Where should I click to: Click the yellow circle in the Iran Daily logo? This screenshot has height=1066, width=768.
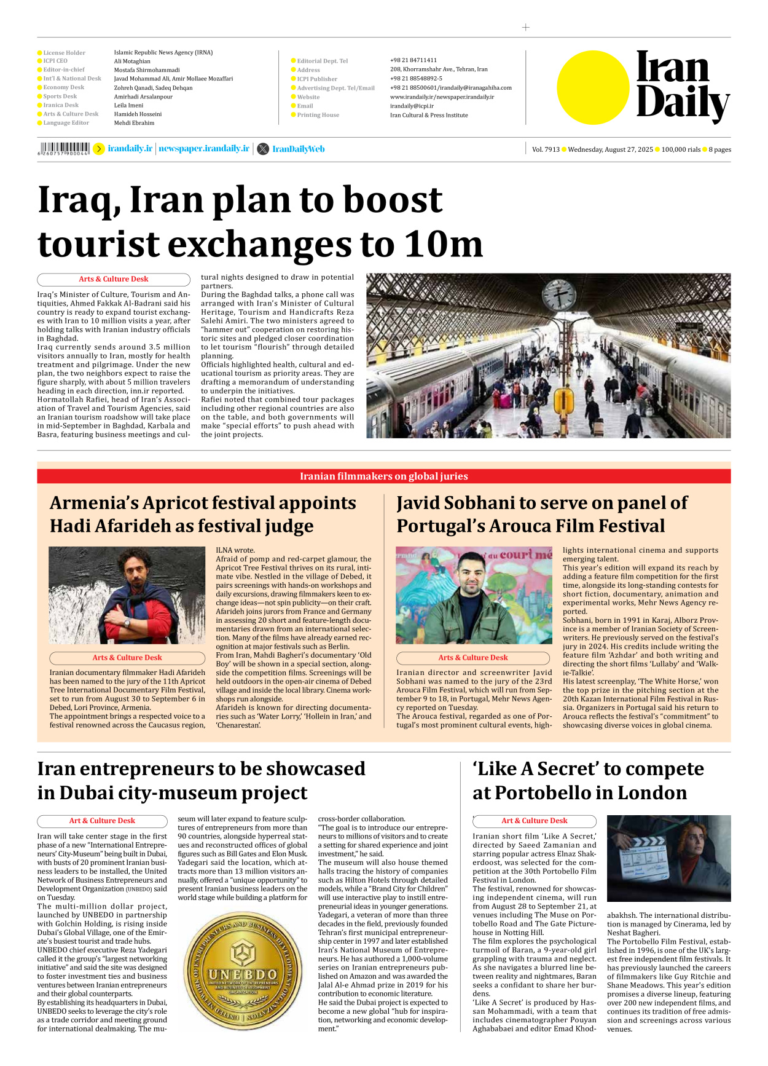593,87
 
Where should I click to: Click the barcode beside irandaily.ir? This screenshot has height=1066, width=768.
64,148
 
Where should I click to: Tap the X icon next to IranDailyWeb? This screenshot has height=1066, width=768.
263,149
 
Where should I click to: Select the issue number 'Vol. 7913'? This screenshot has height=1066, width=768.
546,149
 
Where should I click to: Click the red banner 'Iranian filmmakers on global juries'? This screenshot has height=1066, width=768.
383,476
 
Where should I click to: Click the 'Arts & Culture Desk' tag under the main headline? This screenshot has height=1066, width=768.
113,279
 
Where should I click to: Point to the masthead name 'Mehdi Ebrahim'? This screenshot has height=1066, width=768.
134,123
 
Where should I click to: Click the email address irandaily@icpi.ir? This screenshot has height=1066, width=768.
412,106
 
